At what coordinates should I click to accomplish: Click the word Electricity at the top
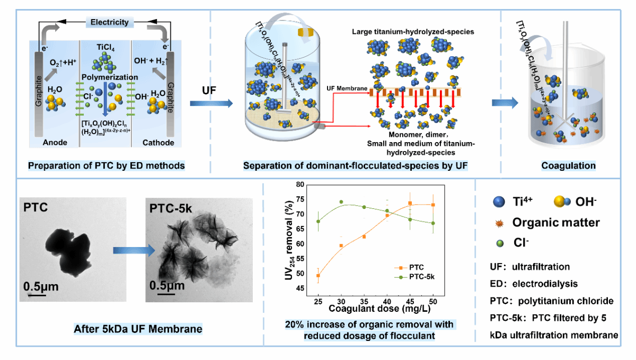click(109, 22)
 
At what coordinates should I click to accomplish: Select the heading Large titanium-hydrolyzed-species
click(413, 32)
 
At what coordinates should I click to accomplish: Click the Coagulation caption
click(568, 166)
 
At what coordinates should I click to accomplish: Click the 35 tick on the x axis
click(364, 300)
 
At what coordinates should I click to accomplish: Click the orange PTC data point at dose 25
click(317, 276)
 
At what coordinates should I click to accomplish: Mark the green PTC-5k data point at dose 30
click(341, 202)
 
